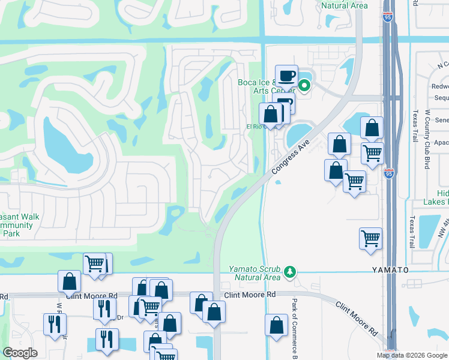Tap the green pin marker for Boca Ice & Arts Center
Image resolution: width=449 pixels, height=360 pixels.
304,85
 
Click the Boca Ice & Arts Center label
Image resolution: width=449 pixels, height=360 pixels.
265,86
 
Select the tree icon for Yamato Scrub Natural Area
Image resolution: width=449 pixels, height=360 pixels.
291,272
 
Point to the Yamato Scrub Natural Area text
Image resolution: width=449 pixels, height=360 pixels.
255,272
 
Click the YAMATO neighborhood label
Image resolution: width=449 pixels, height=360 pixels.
390,270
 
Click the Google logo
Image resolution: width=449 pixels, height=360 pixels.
20,353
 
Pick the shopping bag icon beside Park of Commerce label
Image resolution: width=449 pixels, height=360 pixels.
276,325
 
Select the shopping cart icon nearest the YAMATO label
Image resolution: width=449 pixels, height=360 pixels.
370,238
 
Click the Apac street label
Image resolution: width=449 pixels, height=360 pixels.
441,143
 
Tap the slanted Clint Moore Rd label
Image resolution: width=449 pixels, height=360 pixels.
357,318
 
